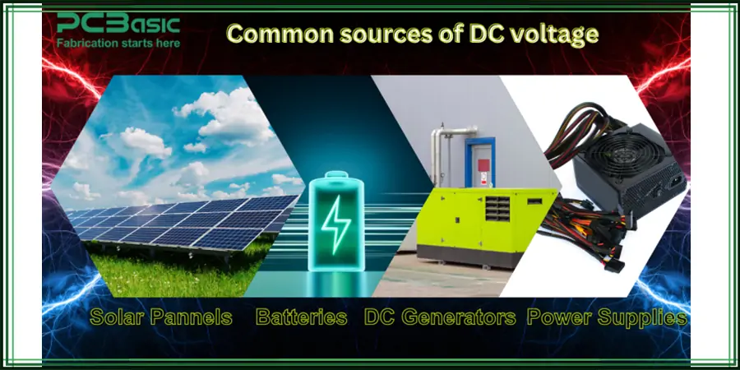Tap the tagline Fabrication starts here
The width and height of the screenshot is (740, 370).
pyautogui.click(x=118, y=41)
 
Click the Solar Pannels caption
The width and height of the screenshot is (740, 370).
pyautogui.click(x=161, y=317)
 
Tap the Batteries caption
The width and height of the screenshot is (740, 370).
pyautogui.click(x=301, y=317)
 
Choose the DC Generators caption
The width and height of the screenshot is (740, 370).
pyautogui.click(x=440, y=317)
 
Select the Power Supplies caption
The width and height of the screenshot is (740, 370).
pyautogui.click(x=607, y=317)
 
